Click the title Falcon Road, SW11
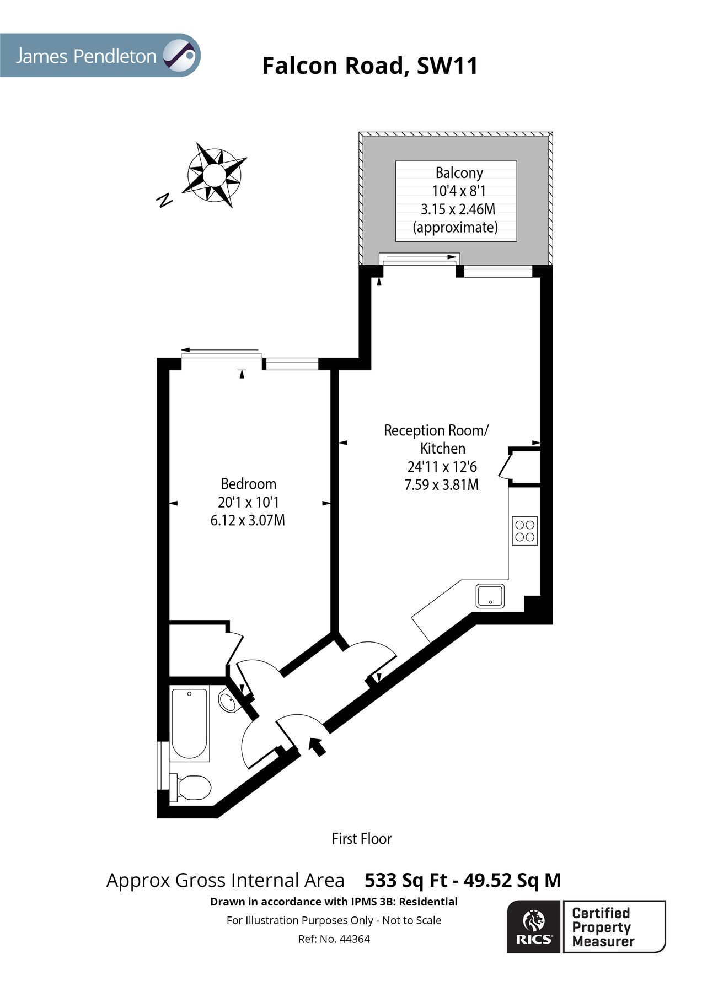point(369,66)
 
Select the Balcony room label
point(459,173)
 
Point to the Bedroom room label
point(248,484)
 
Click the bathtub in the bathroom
point(189,724)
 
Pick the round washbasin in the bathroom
point(227,702)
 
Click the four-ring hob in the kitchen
point(524,531)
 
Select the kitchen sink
point(490,596)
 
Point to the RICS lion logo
point(534,927)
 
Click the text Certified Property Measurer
point(603,928)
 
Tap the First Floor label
point(361,839)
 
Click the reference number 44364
point(355,939)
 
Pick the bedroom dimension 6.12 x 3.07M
point(248,520)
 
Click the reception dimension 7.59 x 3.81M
point(441,485)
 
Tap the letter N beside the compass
point(164,201)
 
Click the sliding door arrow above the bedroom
point(219,350)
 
